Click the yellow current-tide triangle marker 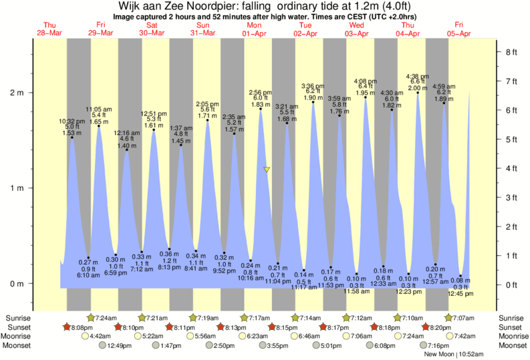click(267, 170)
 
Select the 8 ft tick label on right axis click(512, 51)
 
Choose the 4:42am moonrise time click(100, 336)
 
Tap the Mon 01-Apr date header click(254, 29)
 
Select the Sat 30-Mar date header click(152, 29)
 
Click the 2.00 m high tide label click(418, 88)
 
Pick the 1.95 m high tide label click(365, 93)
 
